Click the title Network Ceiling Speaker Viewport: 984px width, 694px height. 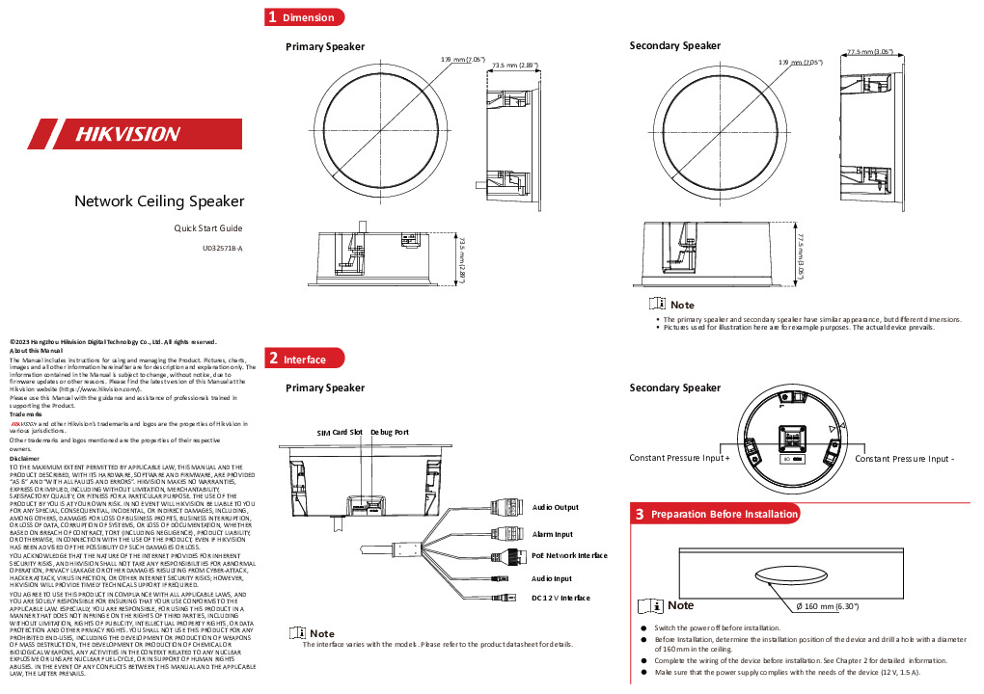pyautogui.click(x=159, y=201)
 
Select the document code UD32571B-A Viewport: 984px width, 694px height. pyautogui.click(x=222, y=248)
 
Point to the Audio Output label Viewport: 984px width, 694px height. pyautogui.click(x=556, y=507)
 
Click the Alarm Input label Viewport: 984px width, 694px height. pyautogui.click(x=553, y=534)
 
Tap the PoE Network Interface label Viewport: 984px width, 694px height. pyautogui.click(x=569, y=555)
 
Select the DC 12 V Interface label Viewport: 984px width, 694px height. pyautogui.click(x=560, y=598)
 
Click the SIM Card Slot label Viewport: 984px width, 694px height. pyautogui.click(x=340, y=433)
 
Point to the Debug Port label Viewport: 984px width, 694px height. pyautogui.click(x=390, y=433)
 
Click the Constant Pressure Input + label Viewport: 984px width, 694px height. pyautogui.click(x=680, y=459)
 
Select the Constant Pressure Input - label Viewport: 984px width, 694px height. pyautogui.click(x=911, y=459)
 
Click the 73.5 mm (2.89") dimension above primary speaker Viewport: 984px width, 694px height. pyautogui.click(x=514, y=66)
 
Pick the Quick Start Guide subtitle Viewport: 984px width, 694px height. pyautogui.click(x=207, y=227)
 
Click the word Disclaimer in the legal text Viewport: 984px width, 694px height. pyautogui.click(x=23, y=458)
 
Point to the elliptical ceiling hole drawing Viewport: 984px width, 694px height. pyautogui.click(x=793, y=574)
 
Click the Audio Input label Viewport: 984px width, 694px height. pyautogui.click(x=552, y=578)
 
